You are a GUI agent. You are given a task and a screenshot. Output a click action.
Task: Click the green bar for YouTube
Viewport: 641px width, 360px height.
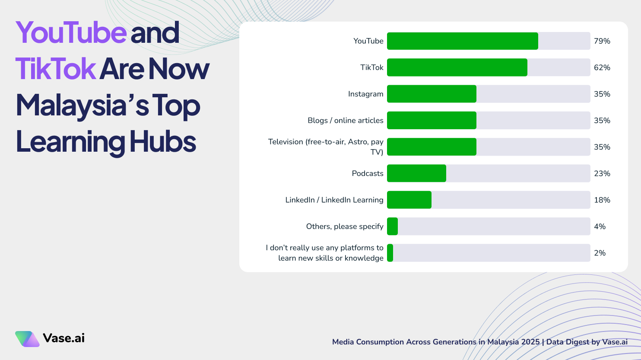point(462,41)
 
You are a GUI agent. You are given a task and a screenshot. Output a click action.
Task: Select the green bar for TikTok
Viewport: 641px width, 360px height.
point(457,67)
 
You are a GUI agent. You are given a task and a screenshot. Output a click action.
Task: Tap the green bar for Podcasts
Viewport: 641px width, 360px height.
point(416,173)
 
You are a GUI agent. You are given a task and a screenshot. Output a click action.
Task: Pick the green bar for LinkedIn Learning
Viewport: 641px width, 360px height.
point(409,200)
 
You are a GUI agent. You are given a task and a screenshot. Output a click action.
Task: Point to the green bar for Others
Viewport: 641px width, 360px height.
point(392,226)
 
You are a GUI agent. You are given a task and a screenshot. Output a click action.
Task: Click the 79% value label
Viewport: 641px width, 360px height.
point(602,41)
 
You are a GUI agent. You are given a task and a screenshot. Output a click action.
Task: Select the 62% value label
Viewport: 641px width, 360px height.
point(602,67)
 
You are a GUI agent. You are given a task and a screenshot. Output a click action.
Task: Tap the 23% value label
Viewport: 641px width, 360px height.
point(602,173)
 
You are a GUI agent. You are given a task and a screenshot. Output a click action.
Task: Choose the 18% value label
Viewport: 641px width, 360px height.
point(602,200)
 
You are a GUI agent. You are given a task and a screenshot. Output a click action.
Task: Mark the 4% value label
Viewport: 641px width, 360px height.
point(600,226)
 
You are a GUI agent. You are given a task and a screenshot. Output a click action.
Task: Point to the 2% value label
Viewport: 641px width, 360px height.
point(600,253)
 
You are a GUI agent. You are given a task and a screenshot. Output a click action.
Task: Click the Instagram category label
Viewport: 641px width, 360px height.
point(365,94)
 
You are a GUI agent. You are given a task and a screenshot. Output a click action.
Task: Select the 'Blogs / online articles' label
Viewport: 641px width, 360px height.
point(345,121)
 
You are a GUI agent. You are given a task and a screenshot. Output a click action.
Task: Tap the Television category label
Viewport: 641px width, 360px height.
point(326,147)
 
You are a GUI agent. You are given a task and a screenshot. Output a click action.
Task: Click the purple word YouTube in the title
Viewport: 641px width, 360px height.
point(71,32)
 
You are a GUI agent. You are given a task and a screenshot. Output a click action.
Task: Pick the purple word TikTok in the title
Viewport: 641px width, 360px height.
point(55,69)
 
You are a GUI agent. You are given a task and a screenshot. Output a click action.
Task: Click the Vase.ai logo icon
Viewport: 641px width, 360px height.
point(27,339)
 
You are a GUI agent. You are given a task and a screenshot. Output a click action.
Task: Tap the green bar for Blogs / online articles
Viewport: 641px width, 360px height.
point(432,121)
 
